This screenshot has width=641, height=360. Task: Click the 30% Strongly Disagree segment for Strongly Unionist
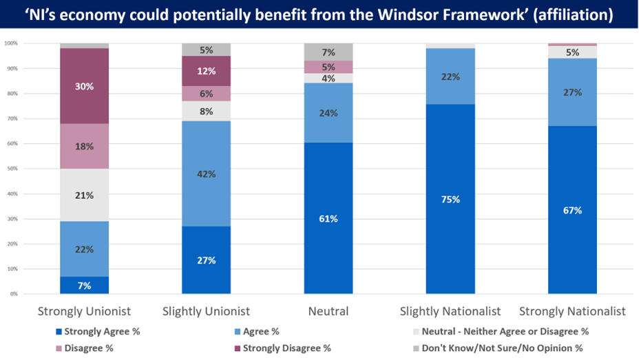(x=84, y=86)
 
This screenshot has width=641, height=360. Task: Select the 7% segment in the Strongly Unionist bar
(x=84, y=285)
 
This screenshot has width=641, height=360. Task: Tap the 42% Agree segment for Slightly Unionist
(x=207, y=174)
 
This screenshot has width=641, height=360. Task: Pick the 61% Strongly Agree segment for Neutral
(x=328, y=218)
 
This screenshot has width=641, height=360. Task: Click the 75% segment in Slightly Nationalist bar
(x=451, y=200)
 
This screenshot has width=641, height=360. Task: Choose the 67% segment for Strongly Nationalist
(x=573, y=210)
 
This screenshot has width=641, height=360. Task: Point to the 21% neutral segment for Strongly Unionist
(x=84, y=195)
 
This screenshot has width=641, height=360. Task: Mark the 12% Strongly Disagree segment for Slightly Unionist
(x=207, y=71)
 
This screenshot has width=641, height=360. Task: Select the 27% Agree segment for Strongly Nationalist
(x=573, y=92)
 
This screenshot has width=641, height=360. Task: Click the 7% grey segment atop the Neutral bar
(x=328, y=52)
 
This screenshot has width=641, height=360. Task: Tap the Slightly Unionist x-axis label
(x=207, y=311)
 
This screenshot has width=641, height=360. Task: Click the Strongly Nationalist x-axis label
(x=573, y=311)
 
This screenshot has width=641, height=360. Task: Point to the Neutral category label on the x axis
(x=328, y=311)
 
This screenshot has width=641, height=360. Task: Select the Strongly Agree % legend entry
(x=106, y=331)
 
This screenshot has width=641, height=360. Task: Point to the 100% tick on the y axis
(x=10, y=43)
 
